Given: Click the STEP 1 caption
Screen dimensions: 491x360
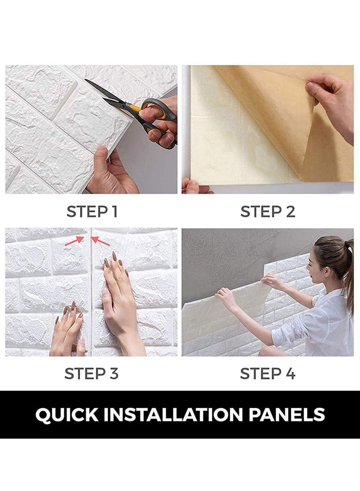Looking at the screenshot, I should [92, 212].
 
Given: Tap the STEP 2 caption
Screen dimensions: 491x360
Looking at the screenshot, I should [268, 212].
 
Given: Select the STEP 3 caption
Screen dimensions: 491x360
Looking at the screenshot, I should [92, 373].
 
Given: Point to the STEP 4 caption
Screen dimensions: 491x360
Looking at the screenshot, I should [268, 373].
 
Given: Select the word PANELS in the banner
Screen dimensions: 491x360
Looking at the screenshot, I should [290, 414].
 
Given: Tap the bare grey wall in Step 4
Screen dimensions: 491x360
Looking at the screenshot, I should [225, 257].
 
